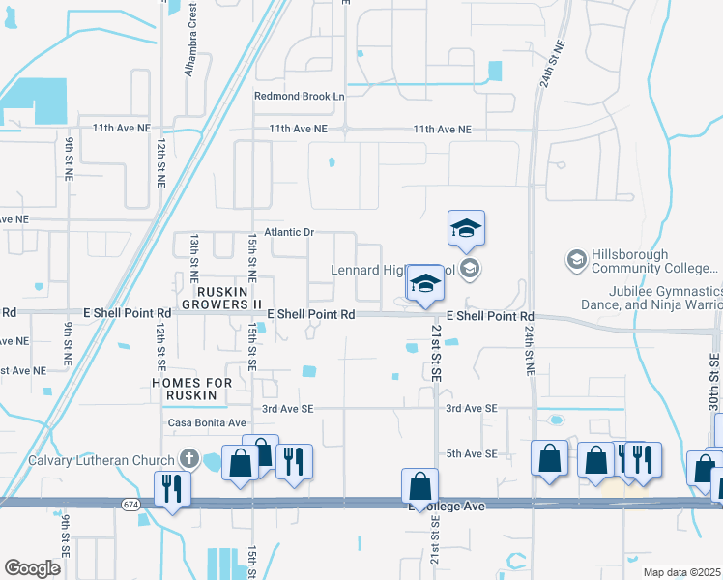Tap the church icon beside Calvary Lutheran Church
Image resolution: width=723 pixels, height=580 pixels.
point(189,459)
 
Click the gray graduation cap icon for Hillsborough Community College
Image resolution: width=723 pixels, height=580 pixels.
point(576,259)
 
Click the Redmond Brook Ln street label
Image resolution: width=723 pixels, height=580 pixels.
point(300,97)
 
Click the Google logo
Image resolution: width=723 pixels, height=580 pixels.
point(32,567)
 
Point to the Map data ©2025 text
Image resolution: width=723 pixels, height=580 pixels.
point(681,572)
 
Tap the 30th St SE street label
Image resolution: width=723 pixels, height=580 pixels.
point(712,367)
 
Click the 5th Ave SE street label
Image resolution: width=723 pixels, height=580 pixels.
point(471,454)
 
